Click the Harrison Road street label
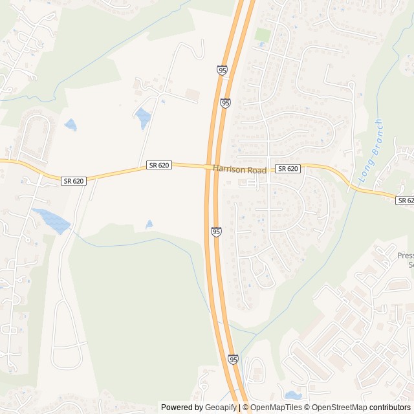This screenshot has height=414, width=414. coord(239,169)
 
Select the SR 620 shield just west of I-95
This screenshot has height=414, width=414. coord(158,166)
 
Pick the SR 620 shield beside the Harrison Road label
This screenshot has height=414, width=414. coord(288,169)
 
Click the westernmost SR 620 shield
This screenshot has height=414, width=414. coord(73,181)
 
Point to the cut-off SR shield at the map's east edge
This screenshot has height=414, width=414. coord(405,201)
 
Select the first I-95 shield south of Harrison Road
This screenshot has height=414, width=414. coord(216,232)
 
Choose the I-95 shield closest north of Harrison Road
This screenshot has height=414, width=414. coord(225,103)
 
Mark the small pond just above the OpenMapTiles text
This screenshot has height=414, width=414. coord(293,395)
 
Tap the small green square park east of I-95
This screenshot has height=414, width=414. coord(262,35)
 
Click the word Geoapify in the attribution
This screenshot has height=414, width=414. coord(221,408)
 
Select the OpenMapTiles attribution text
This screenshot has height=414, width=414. coord(272,408)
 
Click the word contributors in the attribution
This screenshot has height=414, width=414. coord(390,408)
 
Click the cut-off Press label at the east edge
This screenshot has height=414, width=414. coord(405,256)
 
